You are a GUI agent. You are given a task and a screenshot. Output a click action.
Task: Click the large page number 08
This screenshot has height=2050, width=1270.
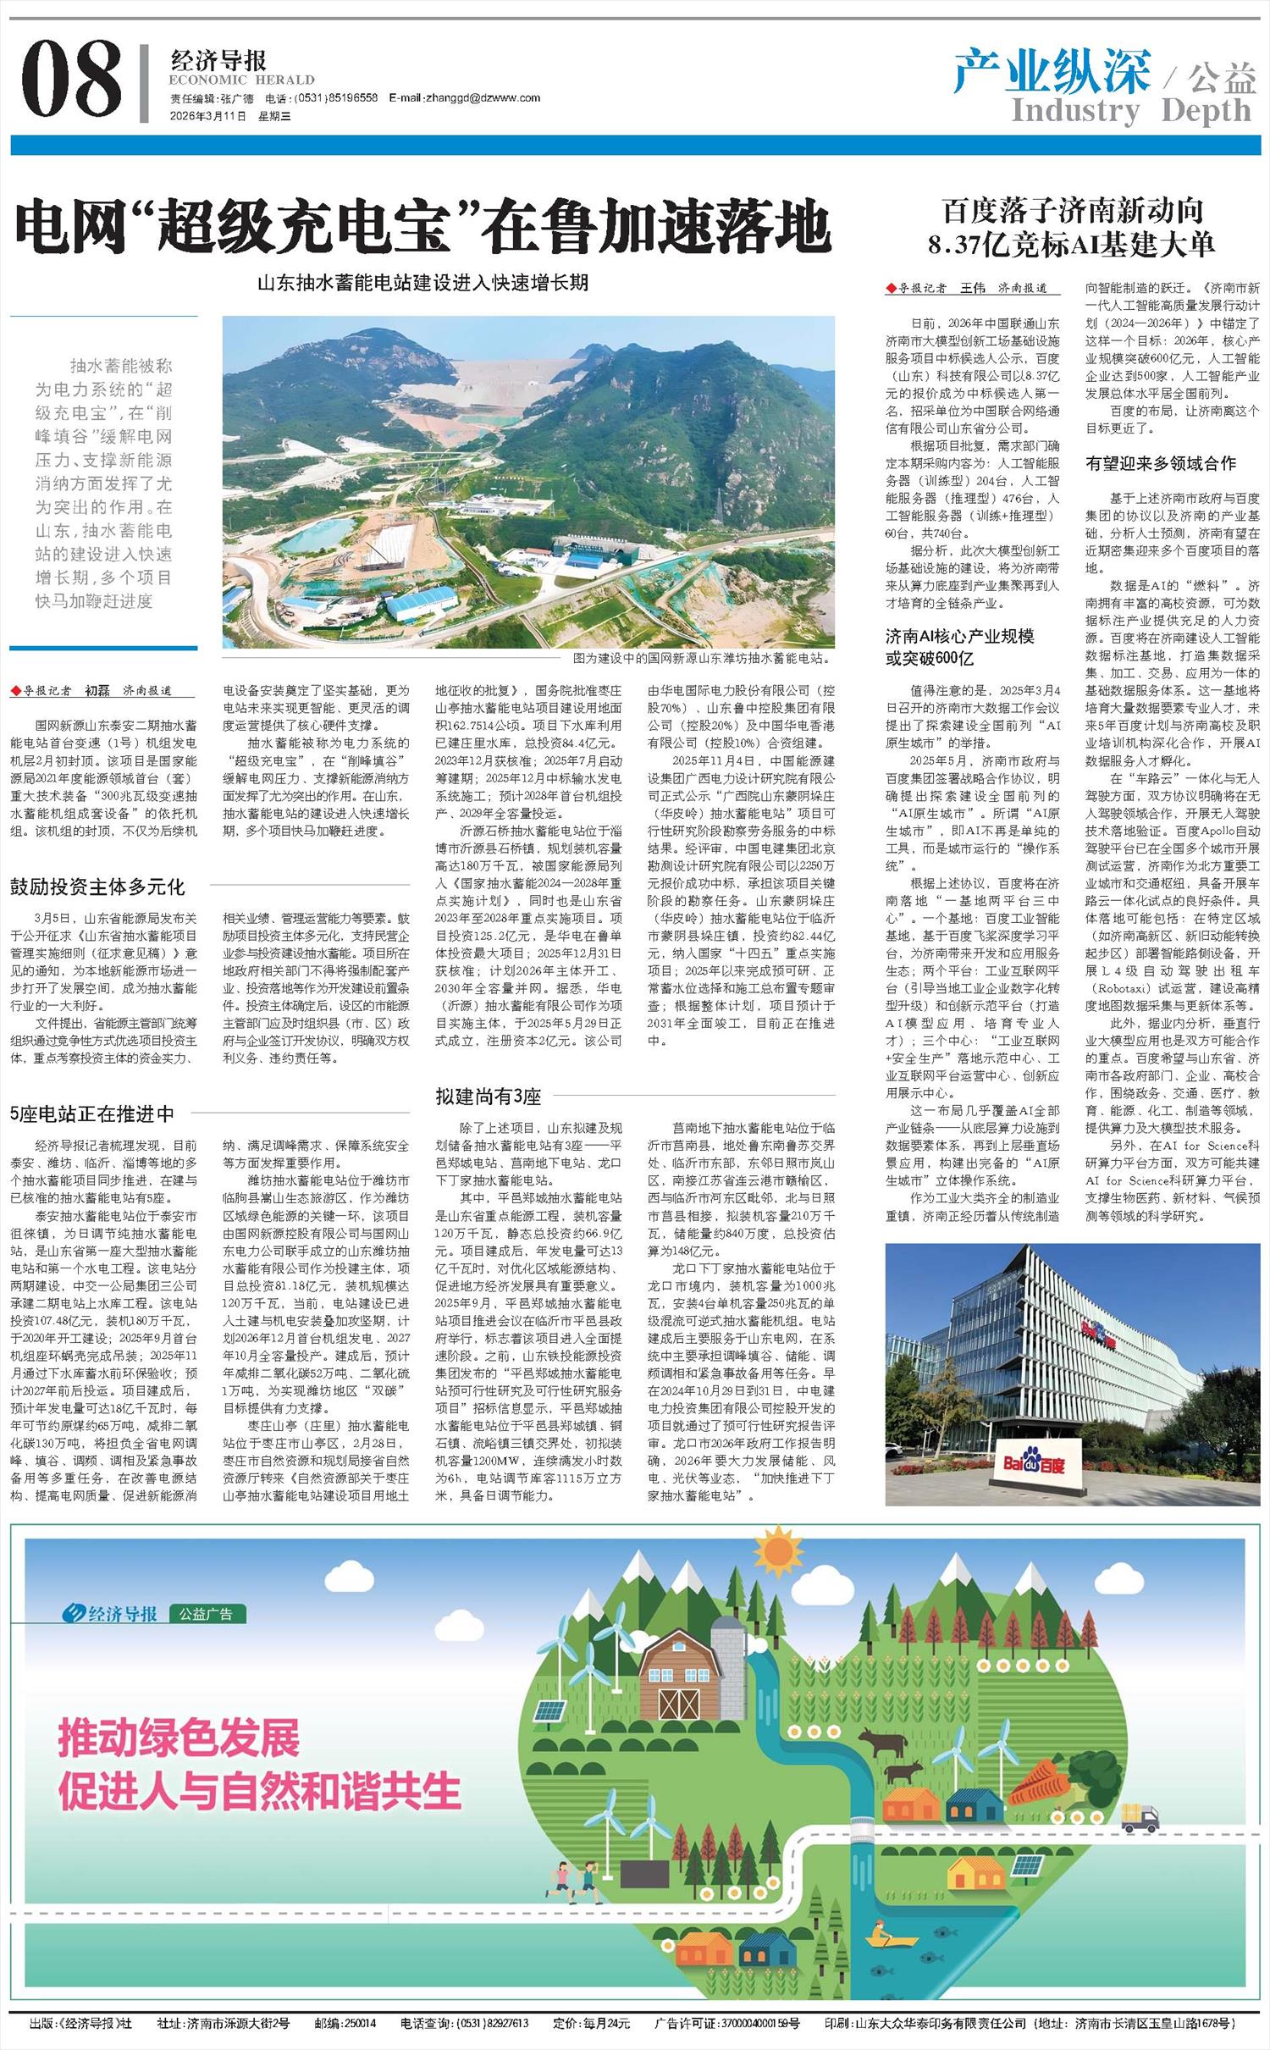coord(72,80)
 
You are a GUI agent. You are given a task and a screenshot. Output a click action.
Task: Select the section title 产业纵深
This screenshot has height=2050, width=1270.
coord(1052,71)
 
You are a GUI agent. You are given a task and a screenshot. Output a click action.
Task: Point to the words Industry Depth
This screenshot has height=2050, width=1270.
coord(1130,110)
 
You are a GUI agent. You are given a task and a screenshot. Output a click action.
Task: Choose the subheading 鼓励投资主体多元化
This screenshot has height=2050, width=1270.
coord(97,887)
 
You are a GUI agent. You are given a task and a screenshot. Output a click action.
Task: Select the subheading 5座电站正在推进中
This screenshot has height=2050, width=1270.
coord(92,1113)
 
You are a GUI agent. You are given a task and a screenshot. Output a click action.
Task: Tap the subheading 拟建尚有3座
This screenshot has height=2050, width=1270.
coord(488,1097)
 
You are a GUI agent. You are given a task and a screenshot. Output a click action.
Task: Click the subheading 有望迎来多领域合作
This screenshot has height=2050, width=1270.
coord(1161,463)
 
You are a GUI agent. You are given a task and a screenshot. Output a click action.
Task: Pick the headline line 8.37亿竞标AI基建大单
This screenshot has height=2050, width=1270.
coord(1071,246)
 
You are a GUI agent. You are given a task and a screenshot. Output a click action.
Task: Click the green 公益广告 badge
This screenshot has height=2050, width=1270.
coord(207,1613)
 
